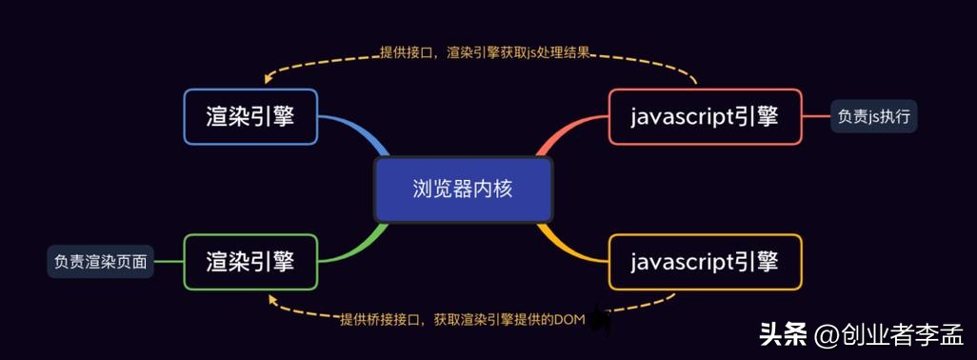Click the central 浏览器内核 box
(463, 190)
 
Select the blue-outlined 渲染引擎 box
(249, 116)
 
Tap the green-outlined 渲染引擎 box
(249, 261)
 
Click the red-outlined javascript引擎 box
(705, 116)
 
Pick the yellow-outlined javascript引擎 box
(705, 261)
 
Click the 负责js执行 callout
(873, 117)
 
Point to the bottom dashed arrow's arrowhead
(273, 299)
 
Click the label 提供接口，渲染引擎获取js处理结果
(485, 53)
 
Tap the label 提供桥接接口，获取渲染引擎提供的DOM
(461, 319)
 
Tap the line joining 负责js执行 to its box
(816, 117)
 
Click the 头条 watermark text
(780, 335)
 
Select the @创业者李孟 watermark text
(888, 335)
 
